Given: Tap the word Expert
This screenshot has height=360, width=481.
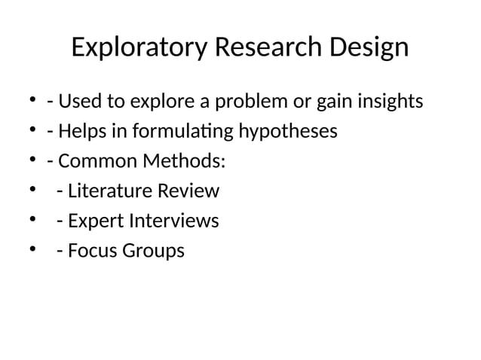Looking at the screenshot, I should tap(93, 221).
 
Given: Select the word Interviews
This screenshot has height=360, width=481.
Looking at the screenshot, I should tap(173, 221).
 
